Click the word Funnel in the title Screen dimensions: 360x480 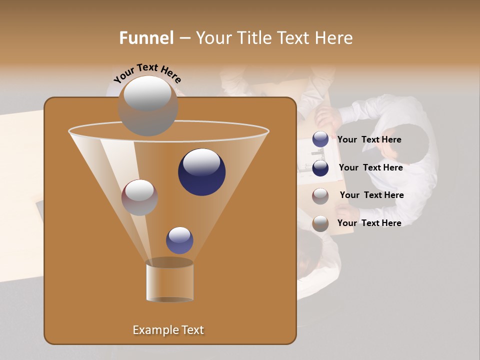point(146,38)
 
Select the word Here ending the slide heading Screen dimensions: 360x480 point(334,38)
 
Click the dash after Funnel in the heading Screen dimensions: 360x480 point(184,38)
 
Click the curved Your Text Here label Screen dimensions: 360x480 point(147,73)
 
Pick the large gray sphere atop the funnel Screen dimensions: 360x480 point(148,106)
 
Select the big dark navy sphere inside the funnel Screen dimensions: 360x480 point(202,172)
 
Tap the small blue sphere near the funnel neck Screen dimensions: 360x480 point(179,240)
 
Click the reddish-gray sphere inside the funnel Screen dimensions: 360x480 point(139,197)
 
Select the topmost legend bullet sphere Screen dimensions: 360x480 point(320,139)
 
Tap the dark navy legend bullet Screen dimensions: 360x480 point(320,168)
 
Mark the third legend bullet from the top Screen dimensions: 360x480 point(320,196)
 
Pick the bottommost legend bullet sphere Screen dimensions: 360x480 point(320,223)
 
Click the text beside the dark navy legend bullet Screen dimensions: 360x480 point(370,167)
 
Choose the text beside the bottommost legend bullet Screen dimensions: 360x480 point(369,223)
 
